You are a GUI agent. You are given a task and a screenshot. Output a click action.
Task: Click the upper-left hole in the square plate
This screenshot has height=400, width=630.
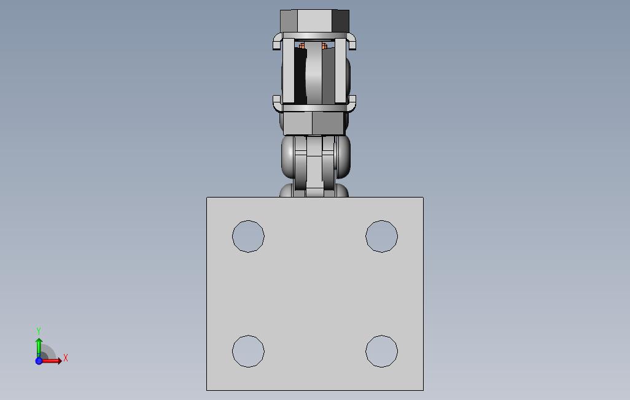click(x=248, y=236)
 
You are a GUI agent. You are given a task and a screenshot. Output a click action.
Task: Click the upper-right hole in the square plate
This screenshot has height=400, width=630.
click(x=381, y=236)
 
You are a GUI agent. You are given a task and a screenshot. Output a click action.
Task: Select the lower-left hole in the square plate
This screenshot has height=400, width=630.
click(x=248, y=352)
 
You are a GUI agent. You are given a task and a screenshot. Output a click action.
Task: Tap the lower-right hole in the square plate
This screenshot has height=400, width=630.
click(x=381, y=352)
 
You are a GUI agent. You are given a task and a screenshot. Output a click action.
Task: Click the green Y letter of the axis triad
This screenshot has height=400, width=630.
click(x=39, y=331)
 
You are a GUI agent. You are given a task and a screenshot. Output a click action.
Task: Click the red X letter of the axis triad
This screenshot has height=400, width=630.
click(x=66, y=358)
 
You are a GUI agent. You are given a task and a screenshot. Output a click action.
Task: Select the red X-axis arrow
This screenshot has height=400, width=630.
click(x=52, y=361)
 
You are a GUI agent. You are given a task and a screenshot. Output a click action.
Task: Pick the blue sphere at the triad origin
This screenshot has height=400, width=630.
click(x=39, y=361)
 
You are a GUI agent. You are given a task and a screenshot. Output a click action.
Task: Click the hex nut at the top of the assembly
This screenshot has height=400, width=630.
click(x=314, y=21)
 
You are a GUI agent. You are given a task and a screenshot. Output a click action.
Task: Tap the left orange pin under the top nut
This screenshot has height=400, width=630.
click(x=301, y=46)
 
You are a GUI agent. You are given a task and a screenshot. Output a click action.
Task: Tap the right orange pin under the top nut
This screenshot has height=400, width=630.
click(x=324, y=46)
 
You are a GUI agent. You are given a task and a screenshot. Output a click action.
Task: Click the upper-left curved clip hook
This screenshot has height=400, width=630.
click(x=277, y=42)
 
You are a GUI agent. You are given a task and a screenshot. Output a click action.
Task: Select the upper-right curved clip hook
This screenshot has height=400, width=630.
click(x=352, y=42)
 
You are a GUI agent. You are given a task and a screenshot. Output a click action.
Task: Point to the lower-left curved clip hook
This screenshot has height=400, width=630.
click(x=277, y=102)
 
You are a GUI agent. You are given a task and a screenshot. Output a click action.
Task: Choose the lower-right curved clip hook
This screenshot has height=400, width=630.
click(x=352, y=102)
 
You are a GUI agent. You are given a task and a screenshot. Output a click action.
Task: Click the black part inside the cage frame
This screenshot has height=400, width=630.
click(x=300, y=77)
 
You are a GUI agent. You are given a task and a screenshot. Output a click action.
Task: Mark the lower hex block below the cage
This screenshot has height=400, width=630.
click(x=314, y=123)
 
